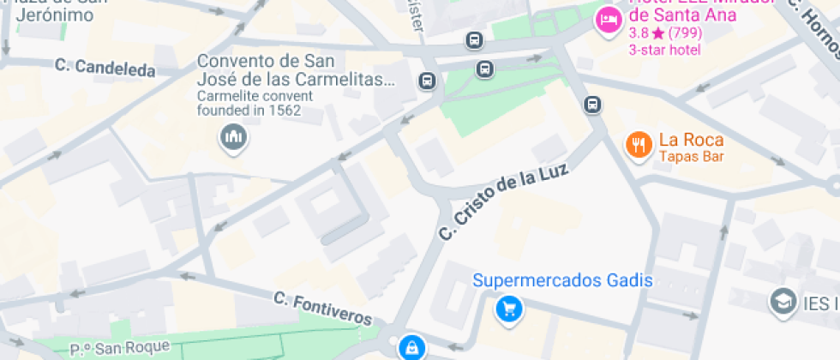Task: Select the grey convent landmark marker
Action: coord(233,137)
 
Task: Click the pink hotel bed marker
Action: coord(609,19)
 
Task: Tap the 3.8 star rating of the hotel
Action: coord(665,34)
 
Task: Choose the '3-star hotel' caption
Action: coord(665,50)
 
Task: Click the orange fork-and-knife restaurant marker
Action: coord(638,145)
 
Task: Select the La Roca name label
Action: coord(691,141)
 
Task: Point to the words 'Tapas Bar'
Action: coord(691,157)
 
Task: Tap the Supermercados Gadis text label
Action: coord(563,280)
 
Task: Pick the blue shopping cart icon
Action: coord(509,309)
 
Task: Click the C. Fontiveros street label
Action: coord(324,309)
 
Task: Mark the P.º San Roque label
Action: coord(121,348)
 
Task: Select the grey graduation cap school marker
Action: coord(782,302)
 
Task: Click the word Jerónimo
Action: coord(55,15)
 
